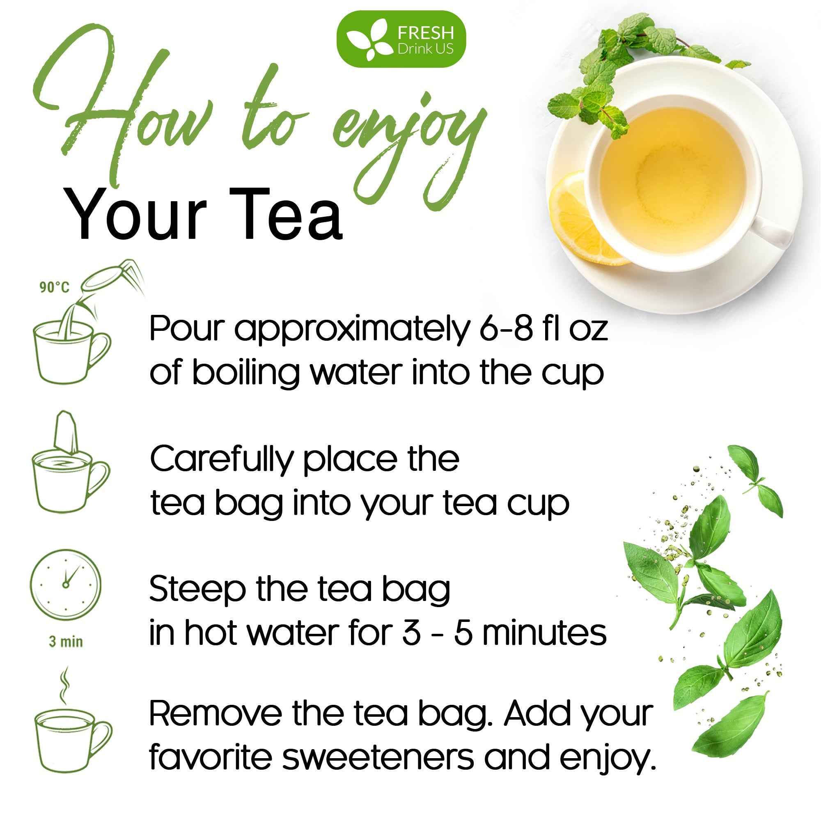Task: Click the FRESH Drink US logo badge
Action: [x=401, y=39]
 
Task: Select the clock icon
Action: [x=65, y=584]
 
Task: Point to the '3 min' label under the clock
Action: [x=66, y=641]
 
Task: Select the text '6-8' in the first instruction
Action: [x=506, y=328]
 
